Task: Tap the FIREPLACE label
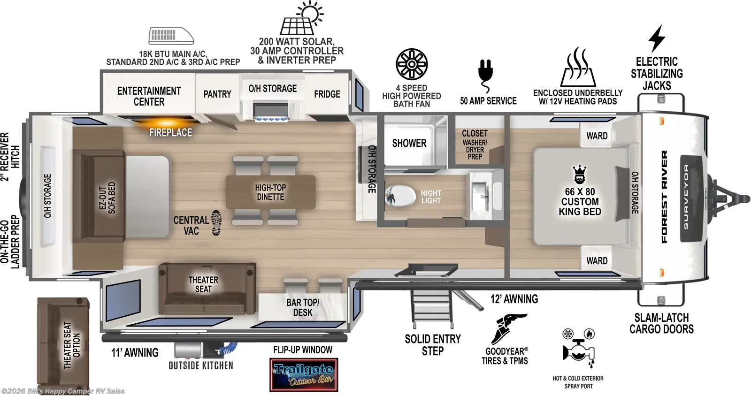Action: pyautogui.click(x=170, y=133)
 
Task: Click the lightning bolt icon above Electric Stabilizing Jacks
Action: pyautogui.click(x=657, y=38)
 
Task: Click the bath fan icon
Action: pyautogui.click(x=412, y=64)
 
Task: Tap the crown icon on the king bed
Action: pyautogui.click(x=580, y=175)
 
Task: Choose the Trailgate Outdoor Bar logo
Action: pyautogui.click(x=304, y=375)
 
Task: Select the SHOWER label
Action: pyautogui.click(x=409, y=143)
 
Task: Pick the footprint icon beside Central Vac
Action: pyautogui.click(x=216, y=222)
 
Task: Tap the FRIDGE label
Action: pyautogui.click(x=327, y=94)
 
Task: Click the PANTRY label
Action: pyautogui.click(x=217, y=94)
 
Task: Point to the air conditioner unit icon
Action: pyautogui.click(x=171, y=36)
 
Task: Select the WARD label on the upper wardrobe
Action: pyautogui.click(x=597, y=136)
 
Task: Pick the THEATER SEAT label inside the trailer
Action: pyautogui.click(x=203, y=284)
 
